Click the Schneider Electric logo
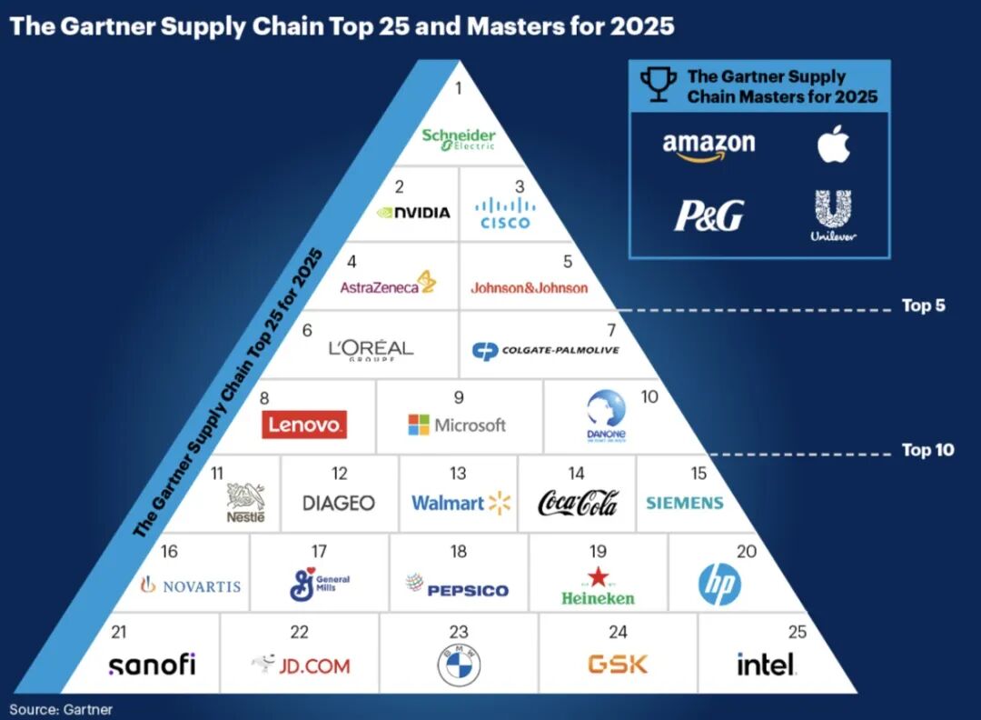[459, 138]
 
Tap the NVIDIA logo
[413, 213]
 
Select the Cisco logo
[505, 215]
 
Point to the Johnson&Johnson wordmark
[529, 288]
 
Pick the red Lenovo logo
[304, 425]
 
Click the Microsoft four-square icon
[419, 425]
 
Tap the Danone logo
[606, 415]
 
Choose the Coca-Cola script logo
[578, 503]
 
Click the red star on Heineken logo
[597, 576]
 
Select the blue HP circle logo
[719, 585]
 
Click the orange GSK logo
[618, 664]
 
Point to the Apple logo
[833, 144]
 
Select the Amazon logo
[708, 145]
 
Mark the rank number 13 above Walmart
[458, 474]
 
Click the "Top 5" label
[923, 305]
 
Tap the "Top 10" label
[926, 450]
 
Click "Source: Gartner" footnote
[61, 708]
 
